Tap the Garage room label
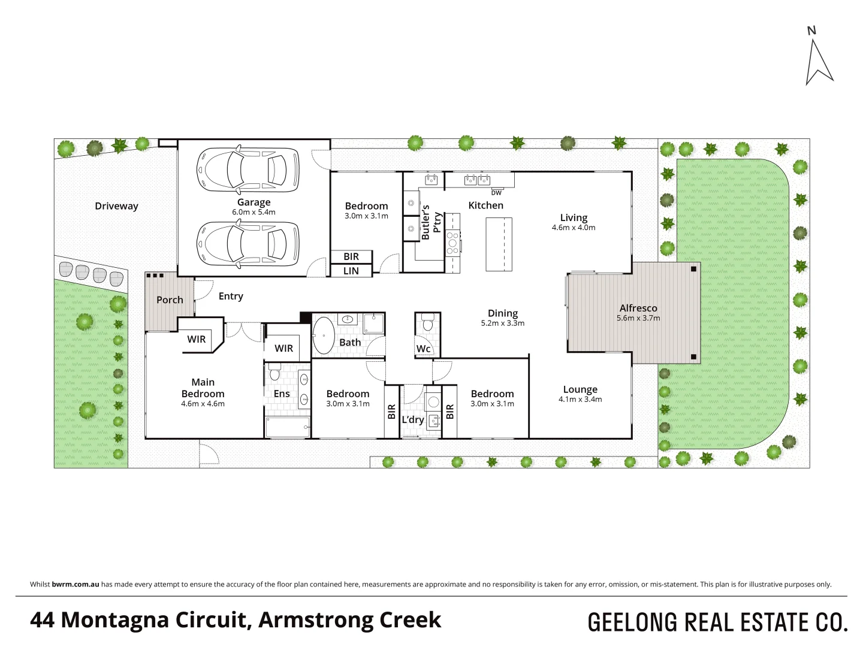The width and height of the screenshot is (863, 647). click(254, 202)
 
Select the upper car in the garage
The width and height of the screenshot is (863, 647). click(248, 170)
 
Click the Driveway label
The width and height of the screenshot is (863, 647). click(116, 206)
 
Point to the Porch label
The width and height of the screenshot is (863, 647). click(170, 300)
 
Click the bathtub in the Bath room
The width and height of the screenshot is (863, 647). click(325, 336)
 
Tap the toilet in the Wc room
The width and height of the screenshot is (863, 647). click(428, 324)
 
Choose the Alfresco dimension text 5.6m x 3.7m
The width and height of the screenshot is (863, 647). click(638, 318)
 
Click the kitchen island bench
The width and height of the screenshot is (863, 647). click(499, 244)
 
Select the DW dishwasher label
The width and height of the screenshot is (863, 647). click(496, 193)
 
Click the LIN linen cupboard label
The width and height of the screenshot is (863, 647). click(351, 271)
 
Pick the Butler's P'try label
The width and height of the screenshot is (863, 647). click(431, 222)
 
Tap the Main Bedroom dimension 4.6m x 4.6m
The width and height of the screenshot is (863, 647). click(203, 404)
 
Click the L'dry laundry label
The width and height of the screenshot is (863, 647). click(413, 419)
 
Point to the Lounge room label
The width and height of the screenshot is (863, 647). click(580, 389)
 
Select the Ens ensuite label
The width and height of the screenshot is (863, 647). click(282, 394)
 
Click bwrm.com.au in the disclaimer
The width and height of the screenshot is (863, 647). click(76, 584)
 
